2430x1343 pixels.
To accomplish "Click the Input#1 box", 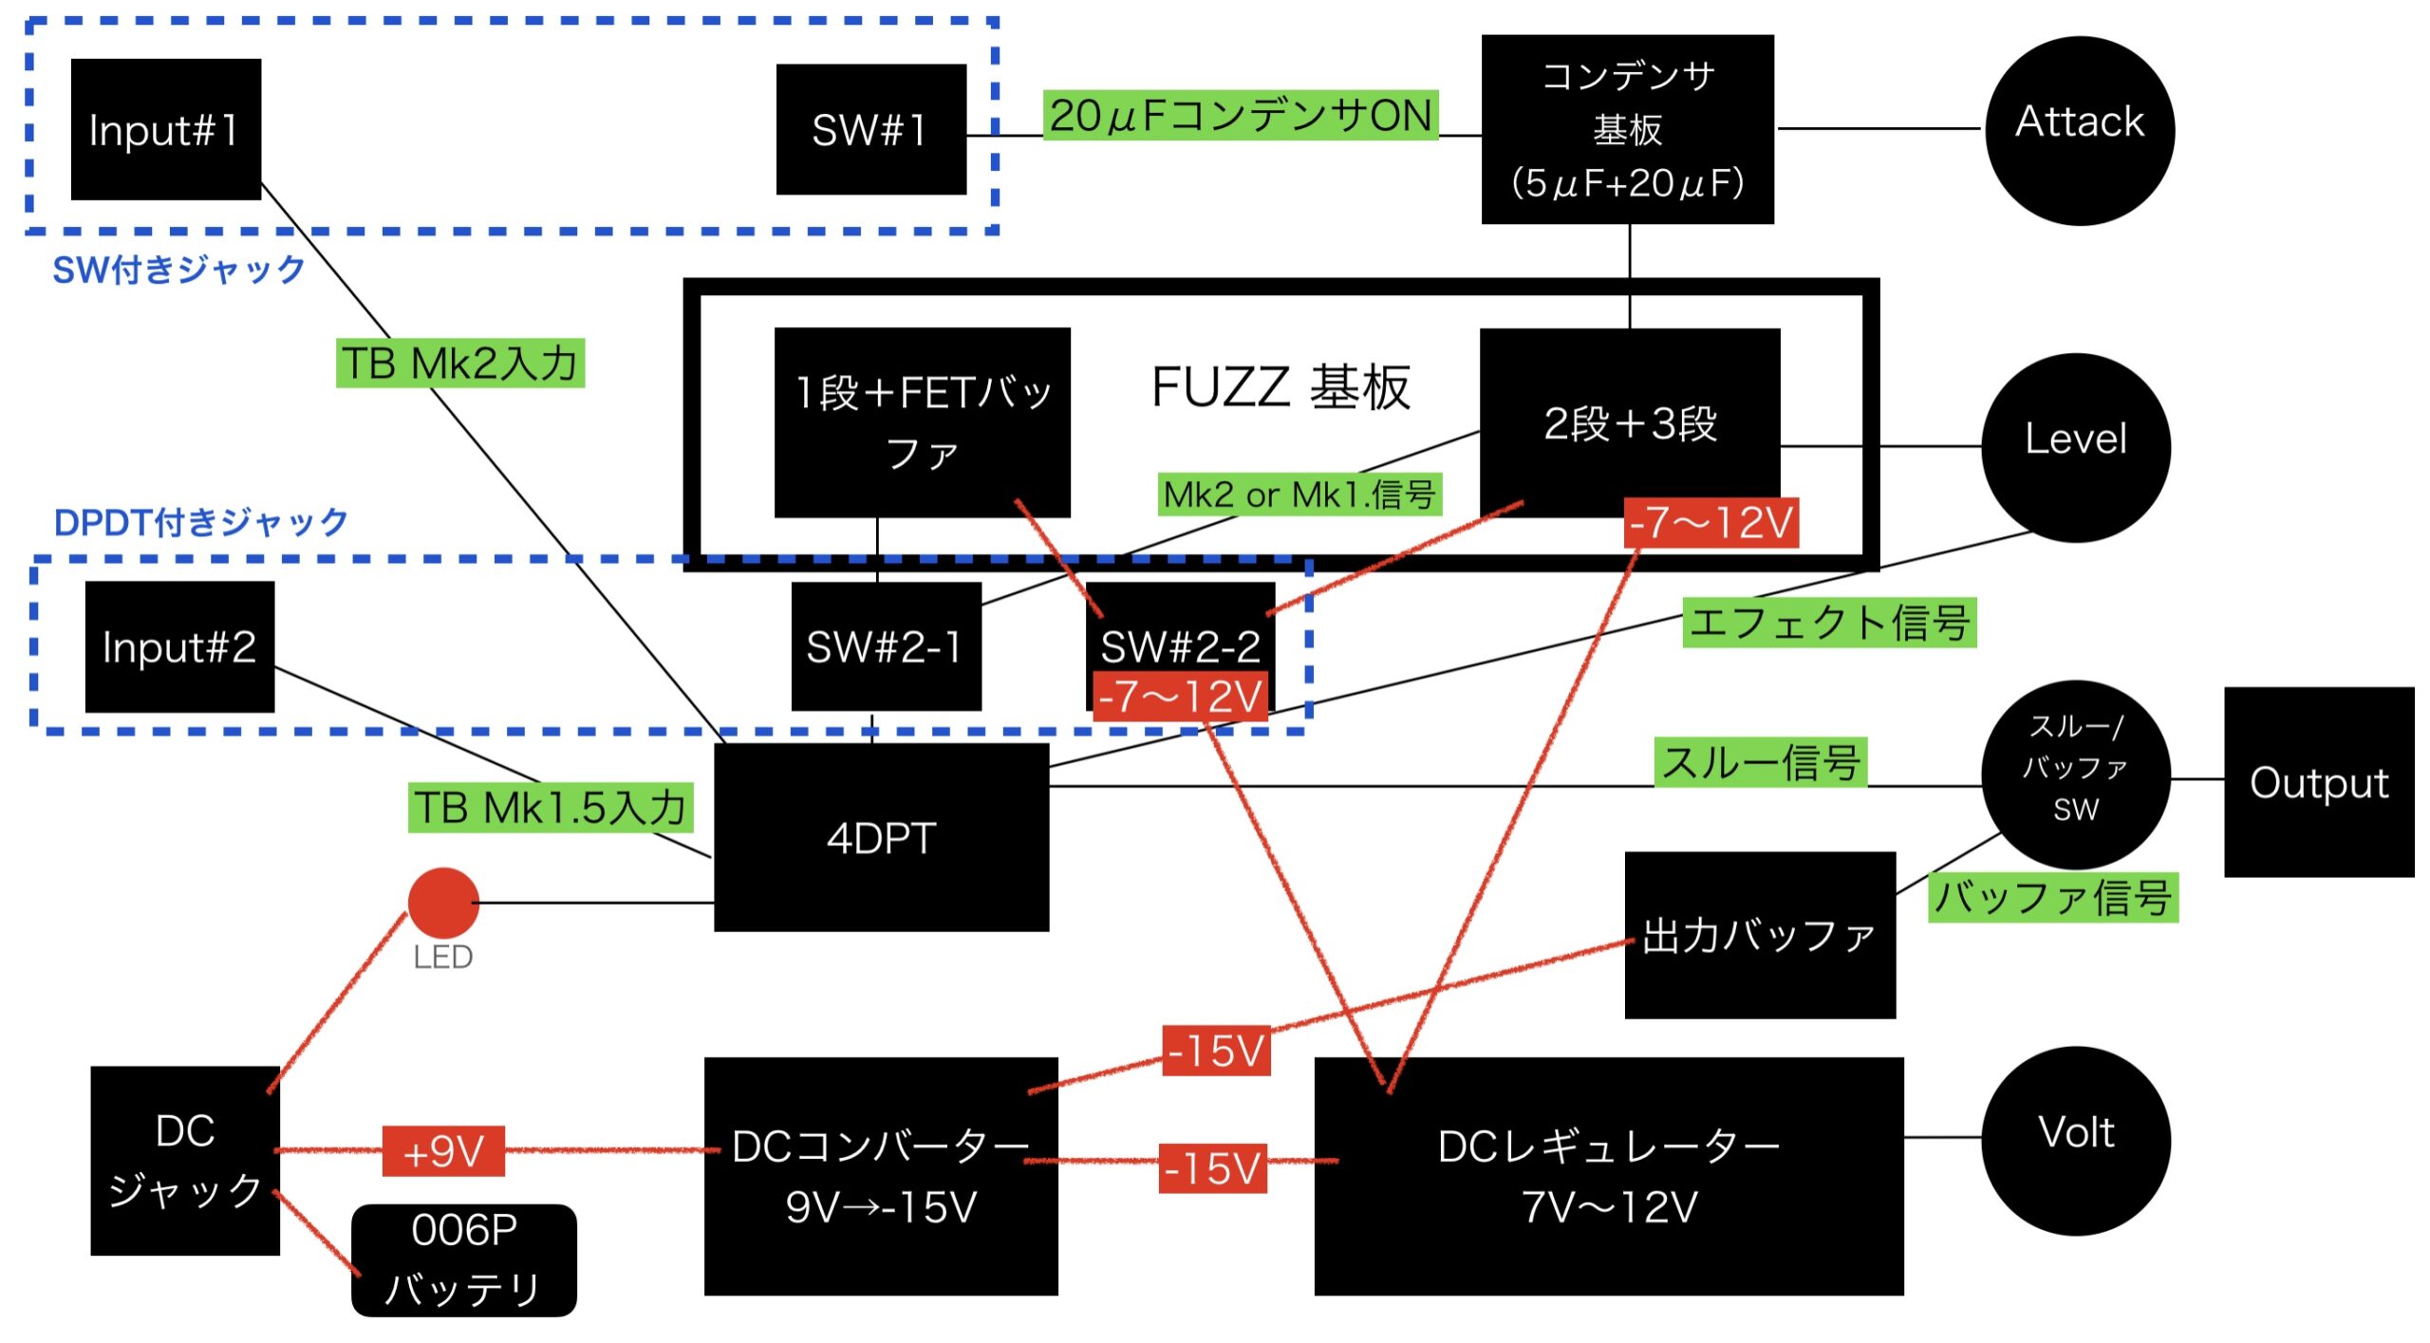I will (166, 129).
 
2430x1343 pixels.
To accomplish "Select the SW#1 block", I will (870, 129).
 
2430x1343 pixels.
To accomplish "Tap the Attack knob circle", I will (2079, 130).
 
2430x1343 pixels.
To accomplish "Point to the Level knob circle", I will (2075, 447).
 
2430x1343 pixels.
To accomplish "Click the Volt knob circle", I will (2075, 1140).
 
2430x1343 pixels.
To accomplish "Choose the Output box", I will (2318, 782).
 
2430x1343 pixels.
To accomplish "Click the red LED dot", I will (443, 903).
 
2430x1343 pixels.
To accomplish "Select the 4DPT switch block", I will (881, 837).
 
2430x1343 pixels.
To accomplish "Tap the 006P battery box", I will (463, 1259).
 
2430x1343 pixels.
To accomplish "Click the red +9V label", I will (443, 1151).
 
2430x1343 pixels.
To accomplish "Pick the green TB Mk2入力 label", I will (460, 364).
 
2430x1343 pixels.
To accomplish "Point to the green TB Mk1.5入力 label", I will (551, 808).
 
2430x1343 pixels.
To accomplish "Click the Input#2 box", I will (179, 646).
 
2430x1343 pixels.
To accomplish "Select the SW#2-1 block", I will (885, 646).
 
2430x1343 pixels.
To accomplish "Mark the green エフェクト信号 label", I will (1829, 623).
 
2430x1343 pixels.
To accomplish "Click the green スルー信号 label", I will (1761, 762).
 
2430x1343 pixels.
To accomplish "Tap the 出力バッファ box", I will (1760, 935).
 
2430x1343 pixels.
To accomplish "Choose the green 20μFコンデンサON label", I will (1240, 116).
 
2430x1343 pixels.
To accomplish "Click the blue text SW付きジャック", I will (178, 270).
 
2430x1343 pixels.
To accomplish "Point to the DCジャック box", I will (185, 1160).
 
